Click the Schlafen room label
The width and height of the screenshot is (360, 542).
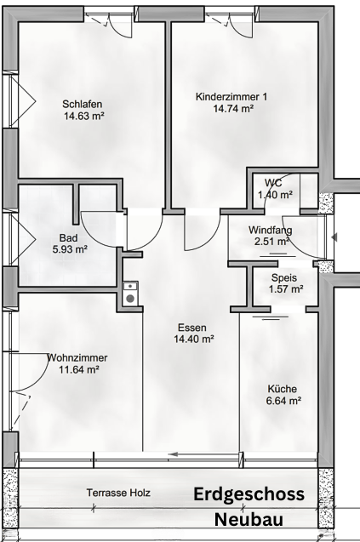tap(83, 104)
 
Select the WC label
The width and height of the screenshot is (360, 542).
tap(273, 183)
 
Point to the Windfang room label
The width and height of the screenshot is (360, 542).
tap(270, 230)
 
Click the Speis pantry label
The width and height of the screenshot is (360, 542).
tap(284, 277)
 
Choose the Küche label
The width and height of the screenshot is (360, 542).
tap(283, 389)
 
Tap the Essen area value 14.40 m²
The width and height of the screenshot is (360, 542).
tap(194, 339)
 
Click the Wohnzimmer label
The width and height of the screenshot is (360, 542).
tap(77, 357)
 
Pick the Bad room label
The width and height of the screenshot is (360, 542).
tap(68, 238)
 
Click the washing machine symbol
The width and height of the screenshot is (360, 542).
tap(130, 294)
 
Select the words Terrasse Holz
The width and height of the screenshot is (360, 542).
tap(118, 493)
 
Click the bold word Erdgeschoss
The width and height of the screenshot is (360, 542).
tap(249, 494)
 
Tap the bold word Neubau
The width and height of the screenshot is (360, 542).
tap(249, 520)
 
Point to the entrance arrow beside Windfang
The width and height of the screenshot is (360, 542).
tap(334, 237)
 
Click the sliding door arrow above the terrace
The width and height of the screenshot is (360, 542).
tap(203, 454)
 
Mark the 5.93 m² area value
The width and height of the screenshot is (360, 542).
tap(70, 248)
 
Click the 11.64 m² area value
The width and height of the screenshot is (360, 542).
tap(79, 369)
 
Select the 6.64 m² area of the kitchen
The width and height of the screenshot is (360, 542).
tap(283, 401)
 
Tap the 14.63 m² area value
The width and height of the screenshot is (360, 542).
tap(84, 116)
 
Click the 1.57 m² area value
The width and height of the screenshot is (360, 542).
tap(286, 288)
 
